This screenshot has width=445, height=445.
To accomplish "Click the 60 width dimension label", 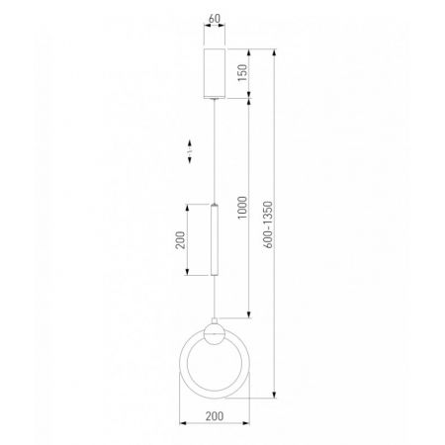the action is [215, 19].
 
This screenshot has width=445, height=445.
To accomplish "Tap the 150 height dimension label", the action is [242, 73].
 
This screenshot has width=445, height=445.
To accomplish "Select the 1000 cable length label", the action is [242, 208].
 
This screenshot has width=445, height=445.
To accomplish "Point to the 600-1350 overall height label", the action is [268, 224].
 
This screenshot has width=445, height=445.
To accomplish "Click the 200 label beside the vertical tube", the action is [180, 240].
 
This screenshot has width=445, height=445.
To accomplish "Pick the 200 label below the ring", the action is [215, 416].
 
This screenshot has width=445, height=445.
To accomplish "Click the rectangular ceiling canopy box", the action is [215, 73].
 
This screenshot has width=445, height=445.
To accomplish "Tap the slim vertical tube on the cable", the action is [215, 239].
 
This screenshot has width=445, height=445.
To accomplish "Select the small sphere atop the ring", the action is [215, 334].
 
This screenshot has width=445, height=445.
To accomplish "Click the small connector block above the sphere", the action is [215, 320].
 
